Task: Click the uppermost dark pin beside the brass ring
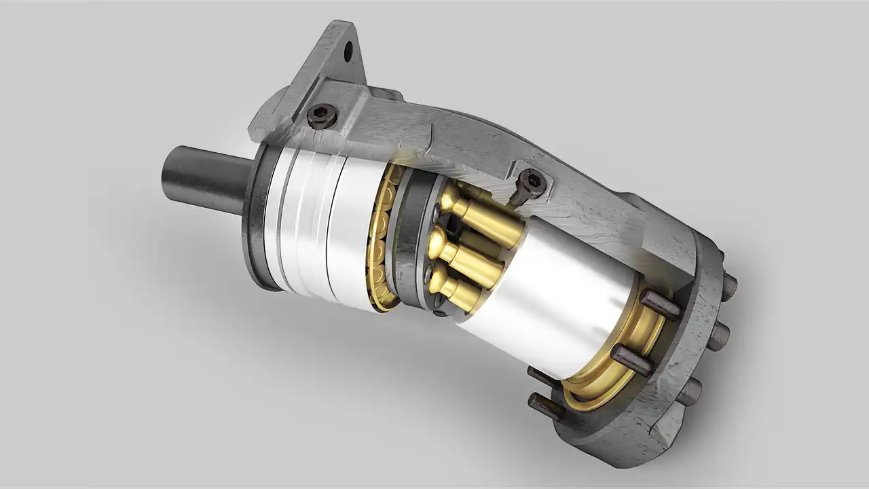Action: (660, 305)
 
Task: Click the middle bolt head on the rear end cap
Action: (718, 336)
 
